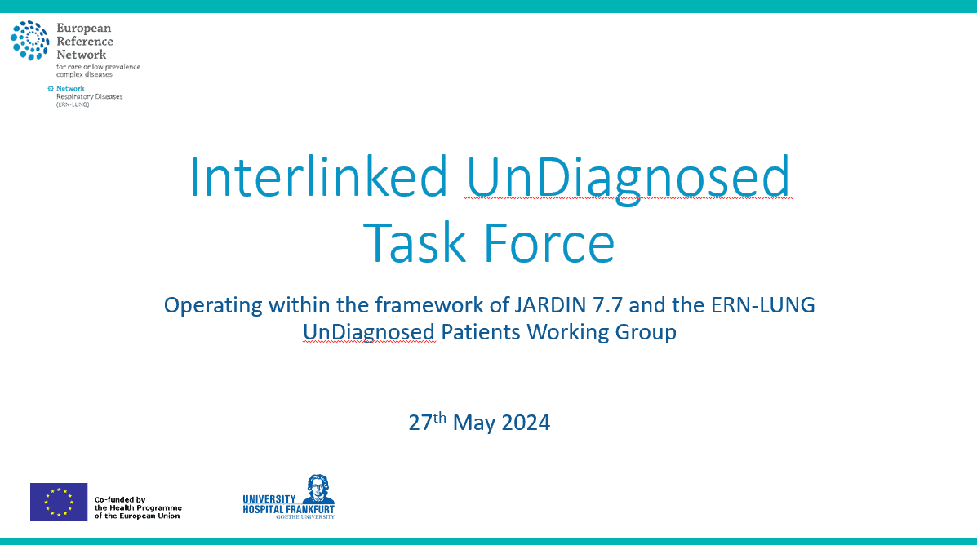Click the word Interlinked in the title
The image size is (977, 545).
(x=318, y=177)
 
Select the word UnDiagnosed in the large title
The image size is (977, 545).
(x=628, y=179)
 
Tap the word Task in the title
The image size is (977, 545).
(x=415, y=243)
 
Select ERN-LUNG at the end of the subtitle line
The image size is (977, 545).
(x=762, y=305)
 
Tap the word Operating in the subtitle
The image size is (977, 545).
(x=213, y=306)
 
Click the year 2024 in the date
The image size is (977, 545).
(x=526, y=423)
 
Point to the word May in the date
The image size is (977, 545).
(x=474, y=423)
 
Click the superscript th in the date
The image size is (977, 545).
(x=440, y=417)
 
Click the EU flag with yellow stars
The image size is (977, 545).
(x=59, y=502)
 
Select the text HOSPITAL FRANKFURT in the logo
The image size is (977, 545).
(x=288, y=509)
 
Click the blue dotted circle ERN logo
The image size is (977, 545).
(x=29, y=41)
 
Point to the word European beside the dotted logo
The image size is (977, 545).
(x=83, y=29)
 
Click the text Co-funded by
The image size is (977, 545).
(x=120, y=499)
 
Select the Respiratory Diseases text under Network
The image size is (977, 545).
(x=89, y=96)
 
